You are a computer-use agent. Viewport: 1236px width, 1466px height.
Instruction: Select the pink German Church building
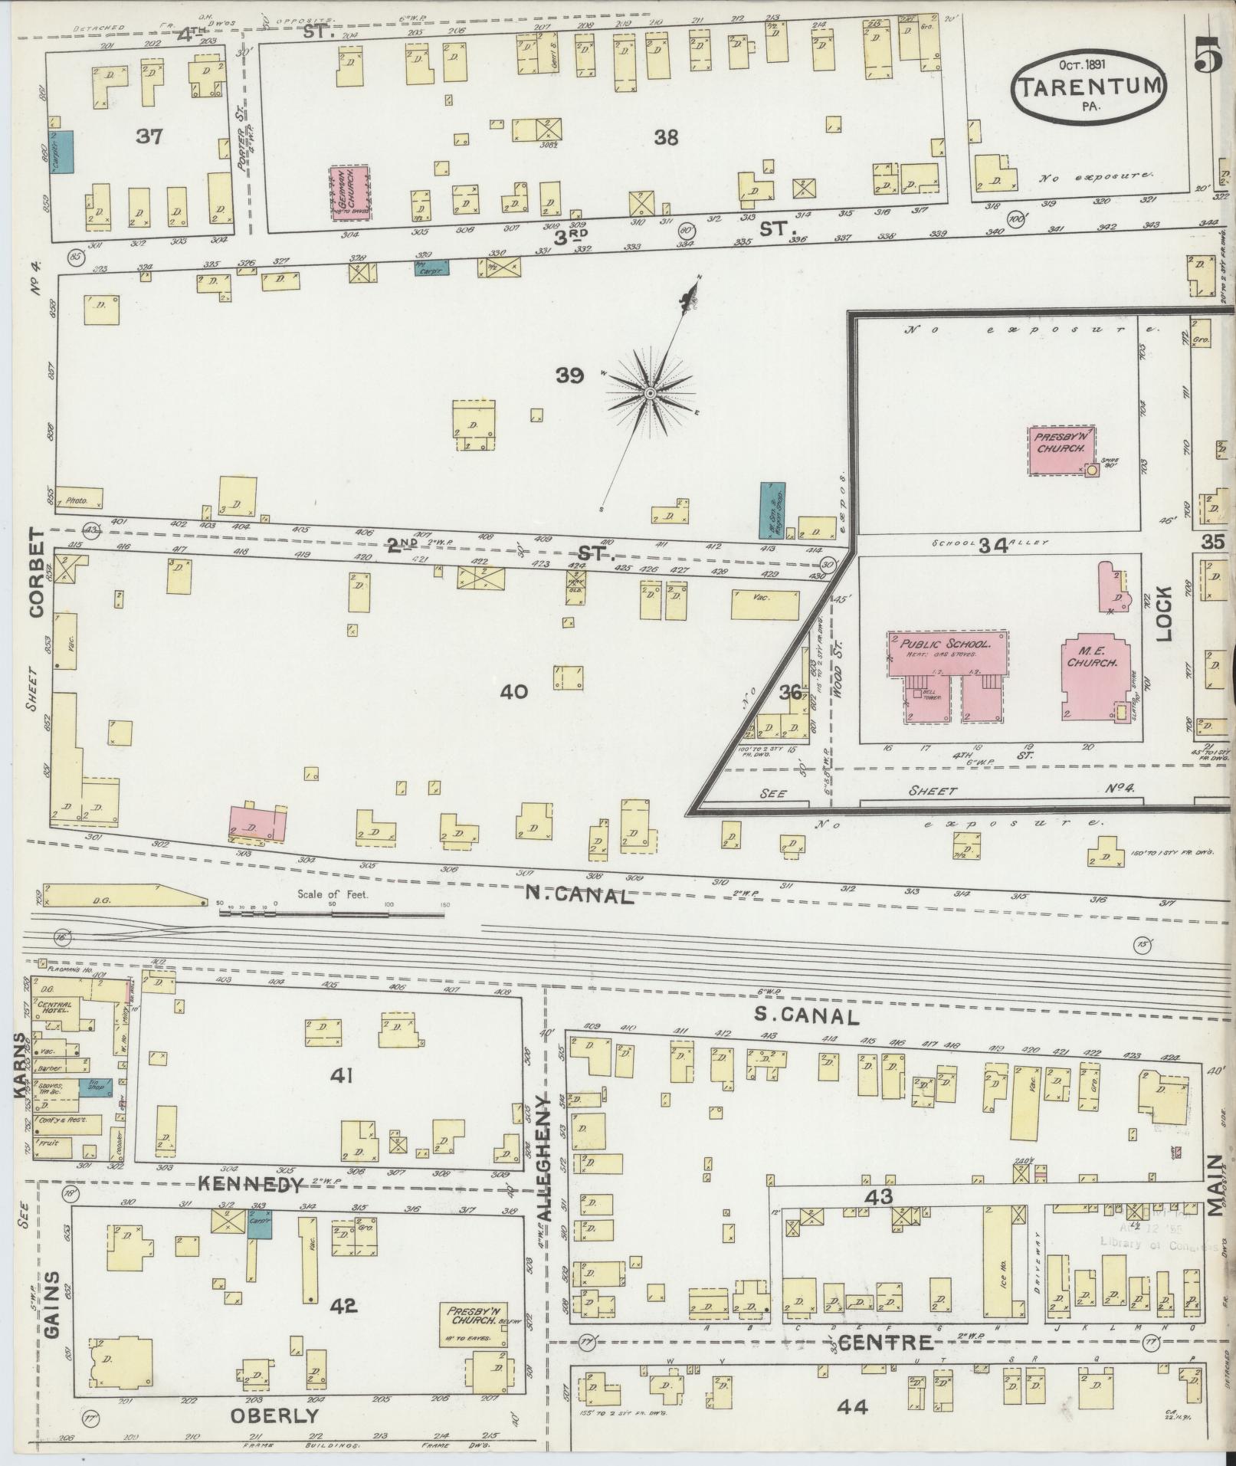(349, 192)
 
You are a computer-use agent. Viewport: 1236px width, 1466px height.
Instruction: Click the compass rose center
(650, 393)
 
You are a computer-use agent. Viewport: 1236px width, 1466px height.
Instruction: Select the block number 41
(340, 1077)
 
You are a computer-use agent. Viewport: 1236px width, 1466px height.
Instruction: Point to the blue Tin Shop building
(97, 1087)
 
